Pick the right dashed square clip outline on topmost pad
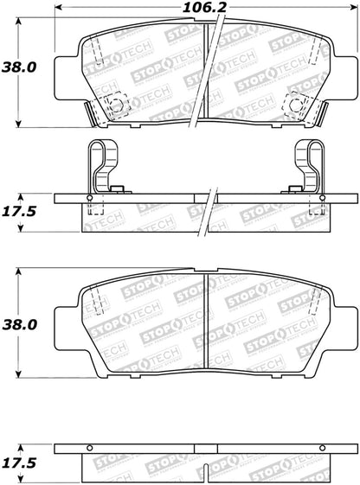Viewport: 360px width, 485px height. click(297, 105)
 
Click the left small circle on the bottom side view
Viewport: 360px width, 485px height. click(90, 449)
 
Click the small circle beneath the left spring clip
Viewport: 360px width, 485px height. click(90, 197)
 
